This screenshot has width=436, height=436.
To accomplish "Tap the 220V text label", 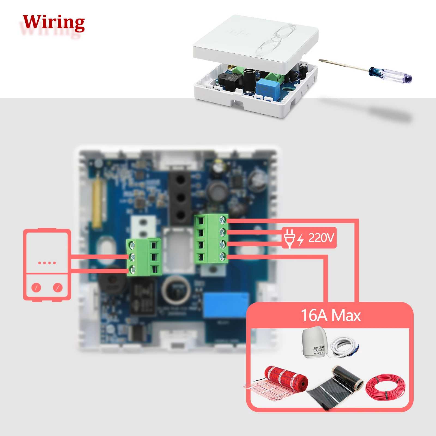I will tap(321, 238).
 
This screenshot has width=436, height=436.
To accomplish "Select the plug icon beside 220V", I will tap(289, 238).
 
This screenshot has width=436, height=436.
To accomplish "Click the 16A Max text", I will tap(331, 315).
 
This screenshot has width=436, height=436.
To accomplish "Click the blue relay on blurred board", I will tap(226, 305).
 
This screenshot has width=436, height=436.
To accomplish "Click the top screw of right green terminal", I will tap(223, 220).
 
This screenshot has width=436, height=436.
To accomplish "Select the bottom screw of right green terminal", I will tap(223, 256).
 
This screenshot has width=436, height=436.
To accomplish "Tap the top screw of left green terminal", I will tap(132, 245).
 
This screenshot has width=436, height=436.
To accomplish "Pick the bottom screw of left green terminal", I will tap(132, 270).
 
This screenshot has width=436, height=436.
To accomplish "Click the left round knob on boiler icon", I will tap(36, 287).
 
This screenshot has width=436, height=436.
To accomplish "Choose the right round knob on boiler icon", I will tap(57, 287).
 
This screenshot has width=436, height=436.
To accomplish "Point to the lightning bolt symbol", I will tap(300, 240).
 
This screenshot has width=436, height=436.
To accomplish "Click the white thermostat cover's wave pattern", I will tap(275, 41).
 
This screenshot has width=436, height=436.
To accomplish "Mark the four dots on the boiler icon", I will tap(47, 263).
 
